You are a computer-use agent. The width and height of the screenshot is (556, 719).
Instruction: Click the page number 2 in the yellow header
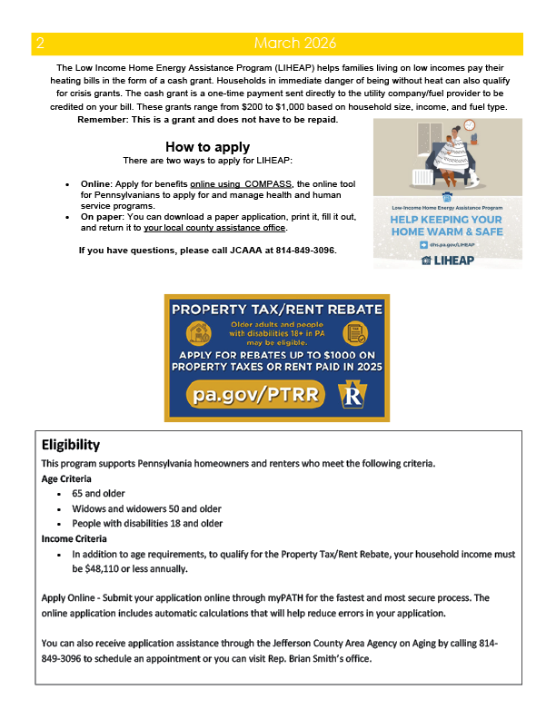pyautogui.click(x=40, y=44)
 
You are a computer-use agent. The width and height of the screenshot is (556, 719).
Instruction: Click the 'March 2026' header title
pyautogui.click(x=294, y=44)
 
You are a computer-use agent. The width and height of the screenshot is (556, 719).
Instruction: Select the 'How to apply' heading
pyautogui.click(x=207, y=147)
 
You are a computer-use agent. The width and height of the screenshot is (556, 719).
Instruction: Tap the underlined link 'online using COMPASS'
pyautogui.click(x=241, y=183)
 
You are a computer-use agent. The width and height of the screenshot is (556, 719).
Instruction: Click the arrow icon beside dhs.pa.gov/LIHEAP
pyautogui.click(x=422, y=245)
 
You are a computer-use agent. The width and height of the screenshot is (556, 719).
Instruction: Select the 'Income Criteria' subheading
pyautogui.click(x=74, y=538)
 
